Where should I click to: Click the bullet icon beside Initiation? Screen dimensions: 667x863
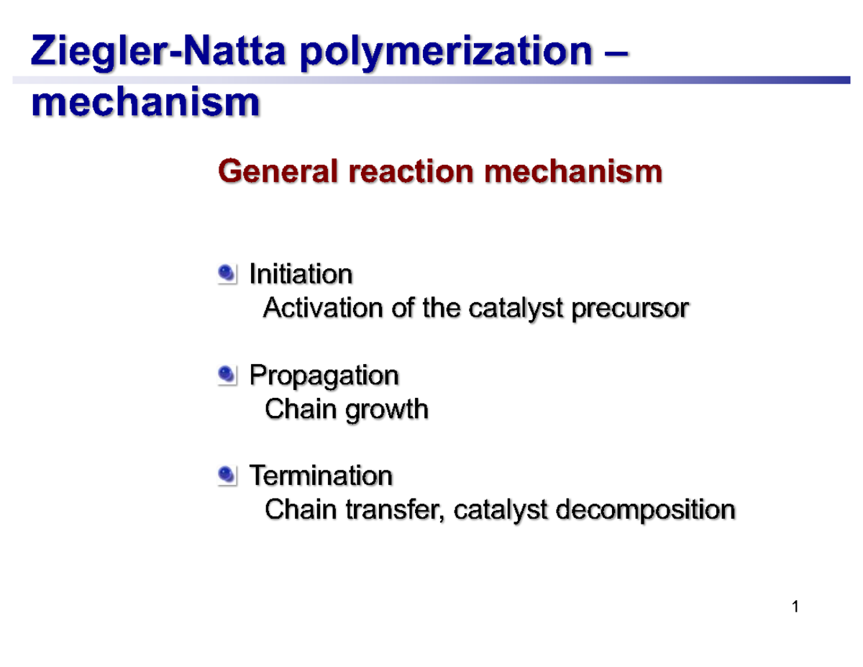tap(227, 273)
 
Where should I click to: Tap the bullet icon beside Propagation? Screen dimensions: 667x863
tap(227, 374)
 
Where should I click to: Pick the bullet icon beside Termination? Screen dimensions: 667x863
tap(227, 475)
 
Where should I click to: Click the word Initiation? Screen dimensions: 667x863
tap(301, 273)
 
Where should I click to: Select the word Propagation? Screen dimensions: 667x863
tap(324, 375)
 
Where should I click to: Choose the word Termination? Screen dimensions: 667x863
tap(320, 475)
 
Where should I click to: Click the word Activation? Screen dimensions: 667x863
tap(324, 308)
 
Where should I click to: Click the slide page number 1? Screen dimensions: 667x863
tap(795, 608)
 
